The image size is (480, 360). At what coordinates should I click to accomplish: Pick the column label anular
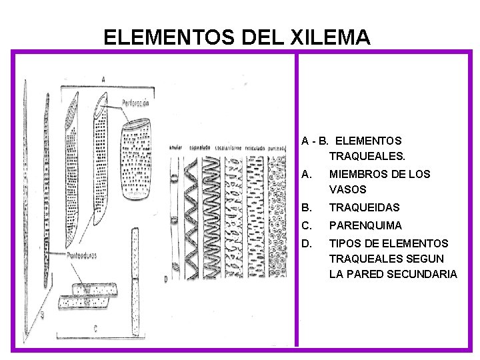coord(175,147)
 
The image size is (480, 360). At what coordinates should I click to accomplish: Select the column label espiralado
coord(200,147)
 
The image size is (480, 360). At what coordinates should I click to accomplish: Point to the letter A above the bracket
coord(103,79)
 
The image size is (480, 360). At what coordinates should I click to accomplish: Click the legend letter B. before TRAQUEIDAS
coord(307,207)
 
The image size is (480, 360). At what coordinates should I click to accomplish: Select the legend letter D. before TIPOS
coord(307,243)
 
